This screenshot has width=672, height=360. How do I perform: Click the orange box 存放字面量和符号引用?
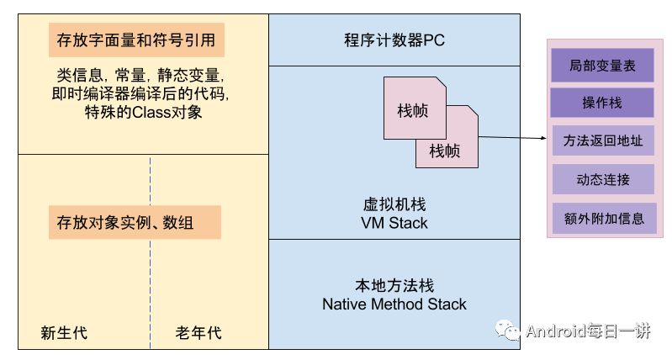click(135, 40)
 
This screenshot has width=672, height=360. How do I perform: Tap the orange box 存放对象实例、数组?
click(135, 223)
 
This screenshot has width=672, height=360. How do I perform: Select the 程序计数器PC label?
click(394, 40)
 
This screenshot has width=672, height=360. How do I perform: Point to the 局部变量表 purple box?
click(601, 65)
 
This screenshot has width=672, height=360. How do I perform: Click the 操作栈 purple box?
click(601, 103)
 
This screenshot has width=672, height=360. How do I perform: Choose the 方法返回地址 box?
click(601, 141)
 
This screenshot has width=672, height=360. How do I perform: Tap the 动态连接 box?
click(601, 179)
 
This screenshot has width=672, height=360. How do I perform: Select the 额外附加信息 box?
click(601, 218)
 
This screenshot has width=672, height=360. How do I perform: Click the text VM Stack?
click(394, 223)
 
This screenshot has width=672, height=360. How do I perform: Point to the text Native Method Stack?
click(394, 304)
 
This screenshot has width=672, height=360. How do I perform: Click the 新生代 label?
click(64, 333)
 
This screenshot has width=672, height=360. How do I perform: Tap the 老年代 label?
click(198, 333)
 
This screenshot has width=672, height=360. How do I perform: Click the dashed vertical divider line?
click(151, 252)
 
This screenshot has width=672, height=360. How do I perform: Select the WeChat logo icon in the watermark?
click(511, 330)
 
